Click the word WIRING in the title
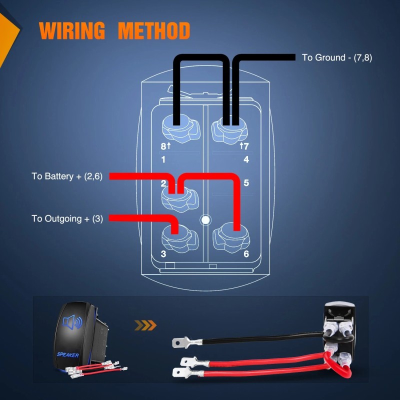72,31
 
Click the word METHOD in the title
154,31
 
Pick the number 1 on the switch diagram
163,160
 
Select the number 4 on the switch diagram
246,160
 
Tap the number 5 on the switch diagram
246,183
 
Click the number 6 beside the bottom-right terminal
246,253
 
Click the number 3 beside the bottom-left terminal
163,253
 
